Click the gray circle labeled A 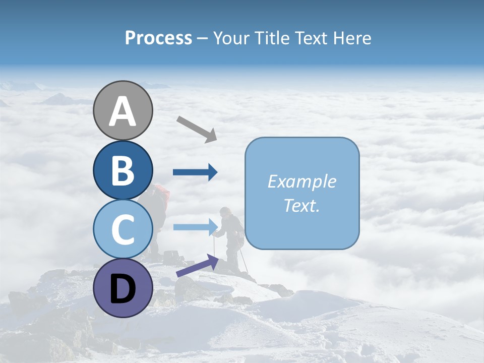[x=123, y=110]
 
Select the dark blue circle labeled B [x=123, y=170]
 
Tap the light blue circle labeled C [x=123, y=229]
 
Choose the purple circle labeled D [x=123, y=288]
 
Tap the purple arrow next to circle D [x=197, y=266]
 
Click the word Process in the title [x=158, y=38]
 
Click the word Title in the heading [x=272, y=38]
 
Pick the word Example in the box [x=302, y=181]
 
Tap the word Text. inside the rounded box [x=302, y=205]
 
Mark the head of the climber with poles [x=225, y=212]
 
